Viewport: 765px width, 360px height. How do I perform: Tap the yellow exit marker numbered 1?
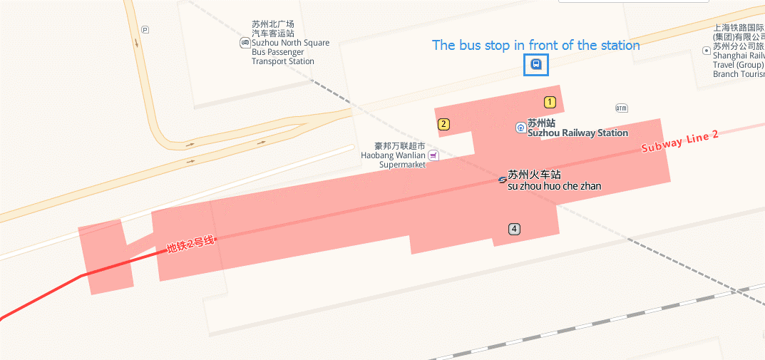pyautogui.click(x=550, y=102)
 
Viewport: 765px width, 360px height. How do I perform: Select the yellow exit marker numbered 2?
pyautogui.click(x=443, y=124)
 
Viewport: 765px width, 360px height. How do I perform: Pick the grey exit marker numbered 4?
pyautogui.click(x=514, y=229)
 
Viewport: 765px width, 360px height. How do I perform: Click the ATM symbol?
pyautogui.click(x=622, y=108)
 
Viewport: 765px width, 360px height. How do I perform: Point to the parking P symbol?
pyautogui.click(x=145, y=29)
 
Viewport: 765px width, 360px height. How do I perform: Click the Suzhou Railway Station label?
pyautogui.click(x=577, y=133)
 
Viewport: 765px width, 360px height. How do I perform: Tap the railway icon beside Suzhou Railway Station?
pyautogui.click(x=521, y=128)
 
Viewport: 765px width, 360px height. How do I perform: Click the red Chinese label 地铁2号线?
pyautogui.click(x=190, y=244)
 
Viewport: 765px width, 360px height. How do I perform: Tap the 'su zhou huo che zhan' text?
pyautogui.click(x=554, y=187)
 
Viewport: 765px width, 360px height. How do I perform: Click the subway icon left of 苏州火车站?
pyautogui.click(x=502, y=180)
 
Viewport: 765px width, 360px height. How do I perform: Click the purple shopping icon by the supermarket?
pyautogui.click(x=433, y=155)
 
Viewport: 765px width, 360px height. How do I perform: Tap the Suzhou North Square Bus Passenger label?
pyautogui.click(x=290, y=47)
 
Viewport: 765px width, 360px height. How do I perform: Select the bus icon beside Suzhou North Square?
pyautogui.click(x=245, y=43)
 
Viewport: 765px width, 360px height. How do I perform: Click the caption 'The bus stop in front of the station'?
pyautogui.click(x=536, y=45)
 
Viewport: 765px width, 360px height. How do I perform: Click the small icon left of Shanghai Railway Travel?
pyautogui.click(x=707, y=50)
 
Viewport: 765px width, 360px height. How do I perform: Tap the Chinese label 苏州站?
pyautogui.click(x=541, y=123)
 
